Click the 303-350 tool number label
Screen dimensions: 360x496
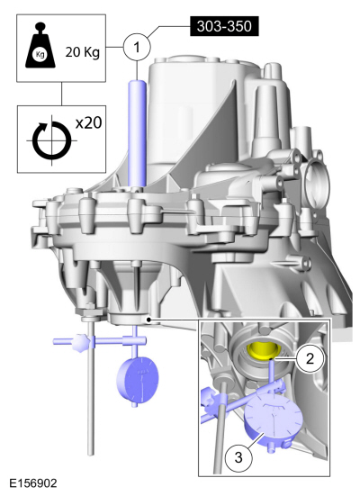tap(224, 26)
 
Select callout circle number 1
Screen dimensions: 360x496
tap(137, 47)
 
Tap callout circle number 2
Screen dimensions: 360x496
tap(310, 358)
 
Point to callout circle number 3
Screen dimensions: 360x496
tap(238, 457)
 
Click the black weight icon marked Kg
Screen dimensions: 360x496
tap(40, 45)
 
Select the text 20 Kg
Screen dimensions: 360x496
tap(83, 52)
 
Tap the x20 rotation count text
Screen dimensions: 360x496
tap(89, 122)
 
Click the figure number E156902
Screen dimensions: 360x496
tap(33, 483)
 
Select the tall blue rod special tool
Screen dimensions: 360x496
tap(137, 133)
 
